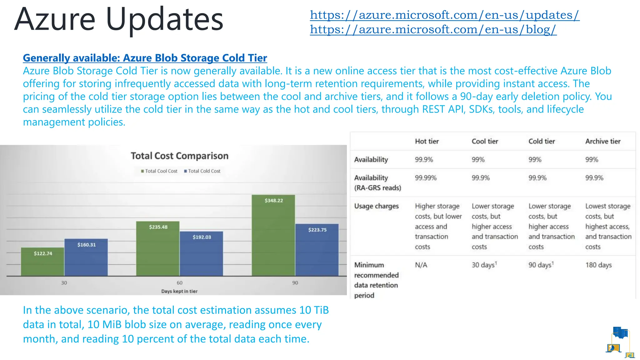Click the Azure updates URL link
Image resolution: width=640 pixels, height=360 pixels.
pos(444,15)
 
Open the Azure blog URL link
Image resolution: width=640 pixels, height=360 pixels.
pos(433,29)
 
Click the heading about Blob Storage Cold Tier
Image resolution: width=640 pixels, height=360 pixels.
pos(145,58)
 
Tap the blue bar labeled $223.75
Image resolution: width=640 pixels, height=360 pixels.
pos(317,250)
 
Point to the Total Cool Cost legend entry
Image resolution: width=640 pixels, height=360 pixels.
pos(159,171)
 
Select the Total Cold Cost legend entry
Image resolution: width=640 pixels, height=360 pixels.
pos(202,171)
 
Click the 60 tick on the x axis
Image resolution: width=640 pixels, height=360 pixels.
pos(179,283)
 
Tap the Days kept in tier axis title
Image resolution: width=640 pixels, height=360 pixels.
pos(179,291)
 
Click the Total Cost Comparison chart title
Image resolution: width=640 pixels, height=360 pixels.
pos(179,156)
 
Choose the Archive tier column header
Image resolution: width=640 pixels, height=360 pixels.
pos(603,141)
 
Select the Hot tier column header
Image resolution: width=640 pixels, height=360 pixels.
pos(427,141)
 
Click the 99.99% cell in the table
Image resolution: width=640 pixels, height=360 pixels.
pos(426,178)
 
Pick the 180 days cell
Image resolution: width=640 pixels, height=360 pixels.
pos(598,265)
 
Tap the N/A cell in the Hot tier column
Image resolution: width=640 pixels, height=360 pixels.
pos(421,265)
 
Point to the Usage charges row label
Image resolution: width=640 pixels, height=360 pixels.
pos(376,206)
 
